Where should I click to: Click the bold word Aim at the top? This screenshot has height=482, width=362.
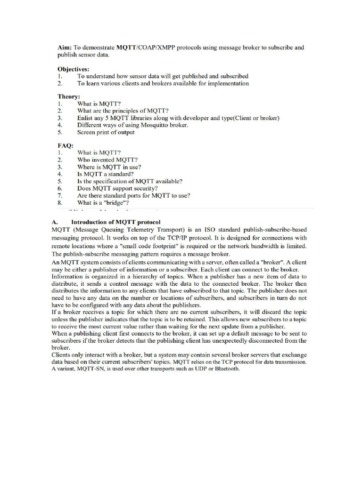point(65,48)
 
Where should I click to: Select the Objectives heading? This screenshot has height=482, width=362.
point(74,68)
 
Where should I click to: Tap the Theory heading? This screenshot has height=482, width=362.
point(69,96)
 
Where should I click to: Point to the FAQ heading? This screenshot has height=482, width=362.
point(66,145)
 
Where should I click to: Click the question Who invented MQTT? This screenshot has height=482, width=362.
point(107,160)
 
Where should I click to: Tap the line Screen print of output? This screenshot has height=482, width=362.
point(106,132)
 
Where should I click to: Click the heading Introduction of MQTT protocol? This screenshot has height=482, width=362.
point(116,222)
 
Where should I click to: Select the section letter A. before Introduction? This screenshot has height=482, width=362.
point(54,222)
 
